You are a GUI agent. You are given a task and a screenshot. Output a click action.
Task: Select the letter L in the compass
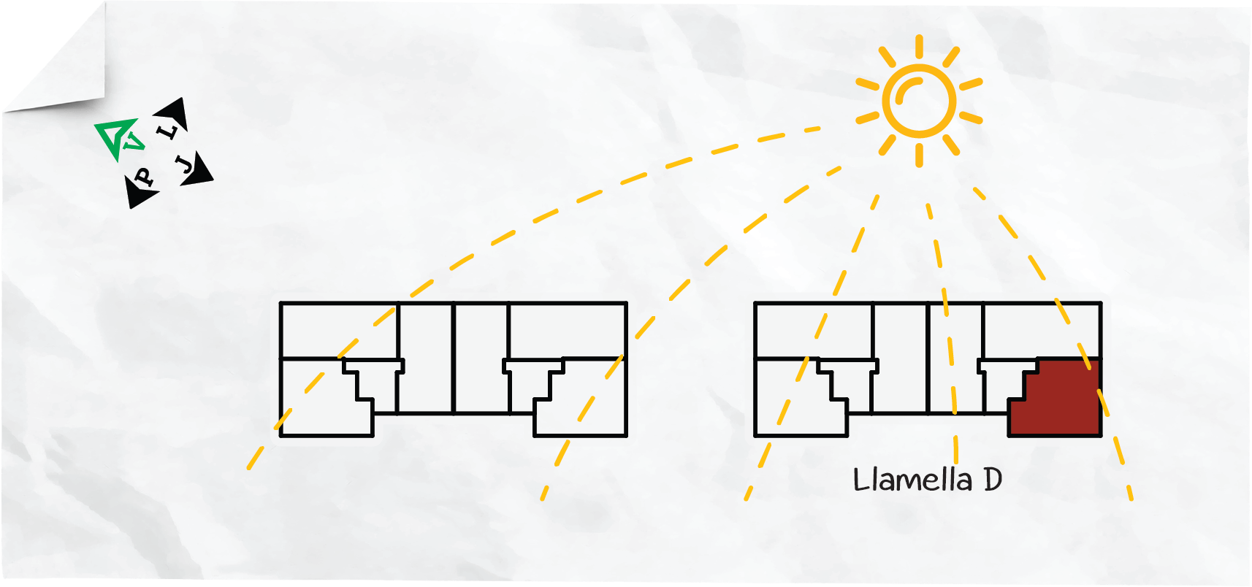coord(167,132)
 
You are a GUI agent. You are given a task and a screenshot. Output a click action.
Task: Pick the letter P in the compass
coord(145,177)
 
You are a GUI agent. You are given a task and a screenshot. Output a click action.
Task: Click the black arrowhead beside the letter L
coord(173,113)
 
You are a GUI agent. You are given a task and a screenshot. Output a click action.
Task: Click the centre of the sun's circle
coord(919,101)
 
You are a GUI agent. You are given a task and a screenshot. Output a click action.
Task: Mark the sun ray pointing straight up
coord(919,46)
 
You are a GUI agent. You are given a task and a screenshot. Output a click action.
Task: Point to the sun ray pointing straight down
coord(919,156)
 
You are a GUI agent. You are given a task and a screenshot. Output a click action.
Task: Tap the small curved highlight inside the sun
coord(906,89)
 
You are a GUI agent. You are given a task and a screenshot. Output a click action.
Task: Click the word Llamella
coord(913,480)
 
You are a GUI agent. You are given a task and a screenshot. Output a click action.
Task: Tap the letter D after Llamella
coord(993,480)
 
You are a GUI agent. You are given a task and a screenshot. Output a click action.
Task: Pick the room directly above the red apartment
coord(1042,330)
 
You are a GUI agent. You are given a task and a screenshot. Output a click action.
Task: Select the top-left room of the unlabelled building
coord(339,330)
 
